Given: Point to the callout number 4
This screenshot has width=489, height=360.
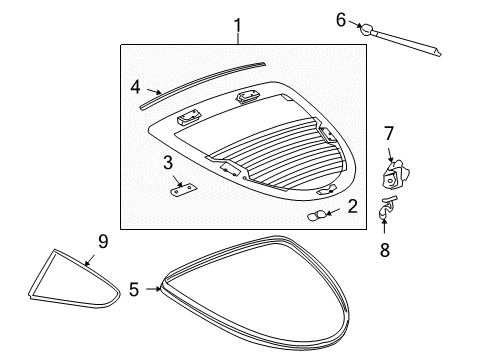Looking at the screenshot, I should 136,86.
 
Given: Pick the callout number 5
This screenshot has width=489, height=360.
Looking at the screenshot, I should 133,290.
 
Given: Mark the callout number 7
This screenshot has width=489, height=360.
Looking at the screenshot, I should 390,133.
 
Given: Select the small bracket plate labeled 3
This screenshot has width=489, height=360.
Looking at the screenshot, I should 183,189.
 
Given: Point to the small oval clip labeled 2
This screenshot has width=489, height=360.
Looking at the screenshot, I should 318,214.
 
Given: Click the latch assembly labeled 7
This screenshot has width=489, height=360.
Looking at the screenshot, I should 392,174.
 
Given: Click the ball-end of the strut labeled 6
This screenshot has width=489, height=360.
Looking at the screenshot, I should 366,28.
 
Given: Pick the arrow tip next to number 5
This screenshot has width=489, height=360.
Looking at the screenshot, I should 160,290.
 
